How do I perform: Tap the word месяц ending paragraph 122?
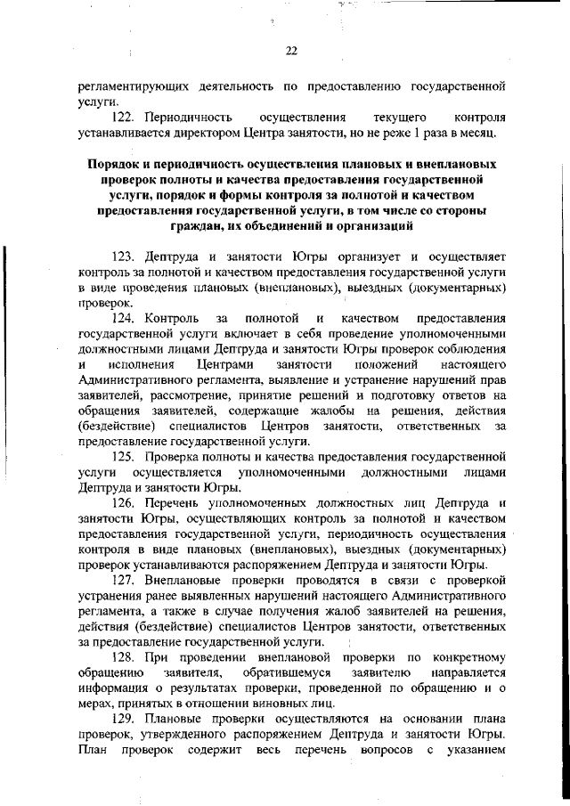(x=485, y=134)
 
